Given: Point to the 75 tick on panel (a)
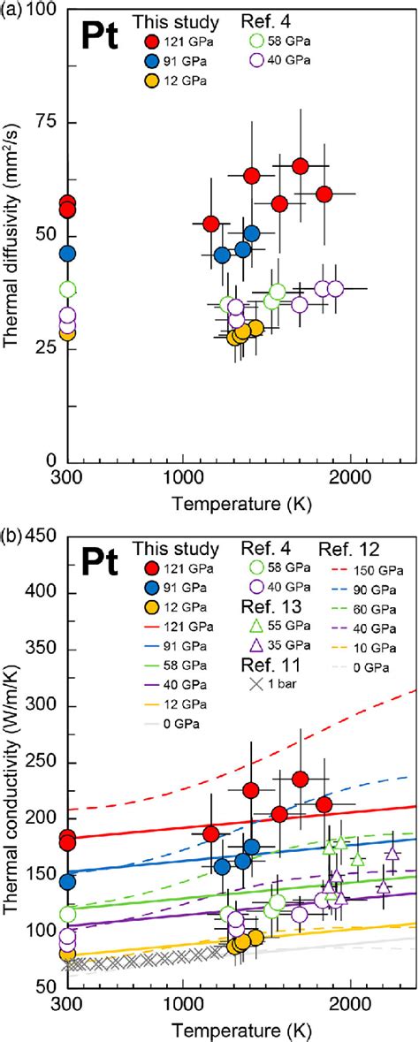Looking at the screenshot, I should (x=42, y=122).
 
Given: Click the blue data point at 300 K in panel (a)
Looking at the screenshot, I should (x=67, y=254).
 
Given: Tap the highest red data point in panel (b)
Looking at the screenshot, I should (x=300, y=779).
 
